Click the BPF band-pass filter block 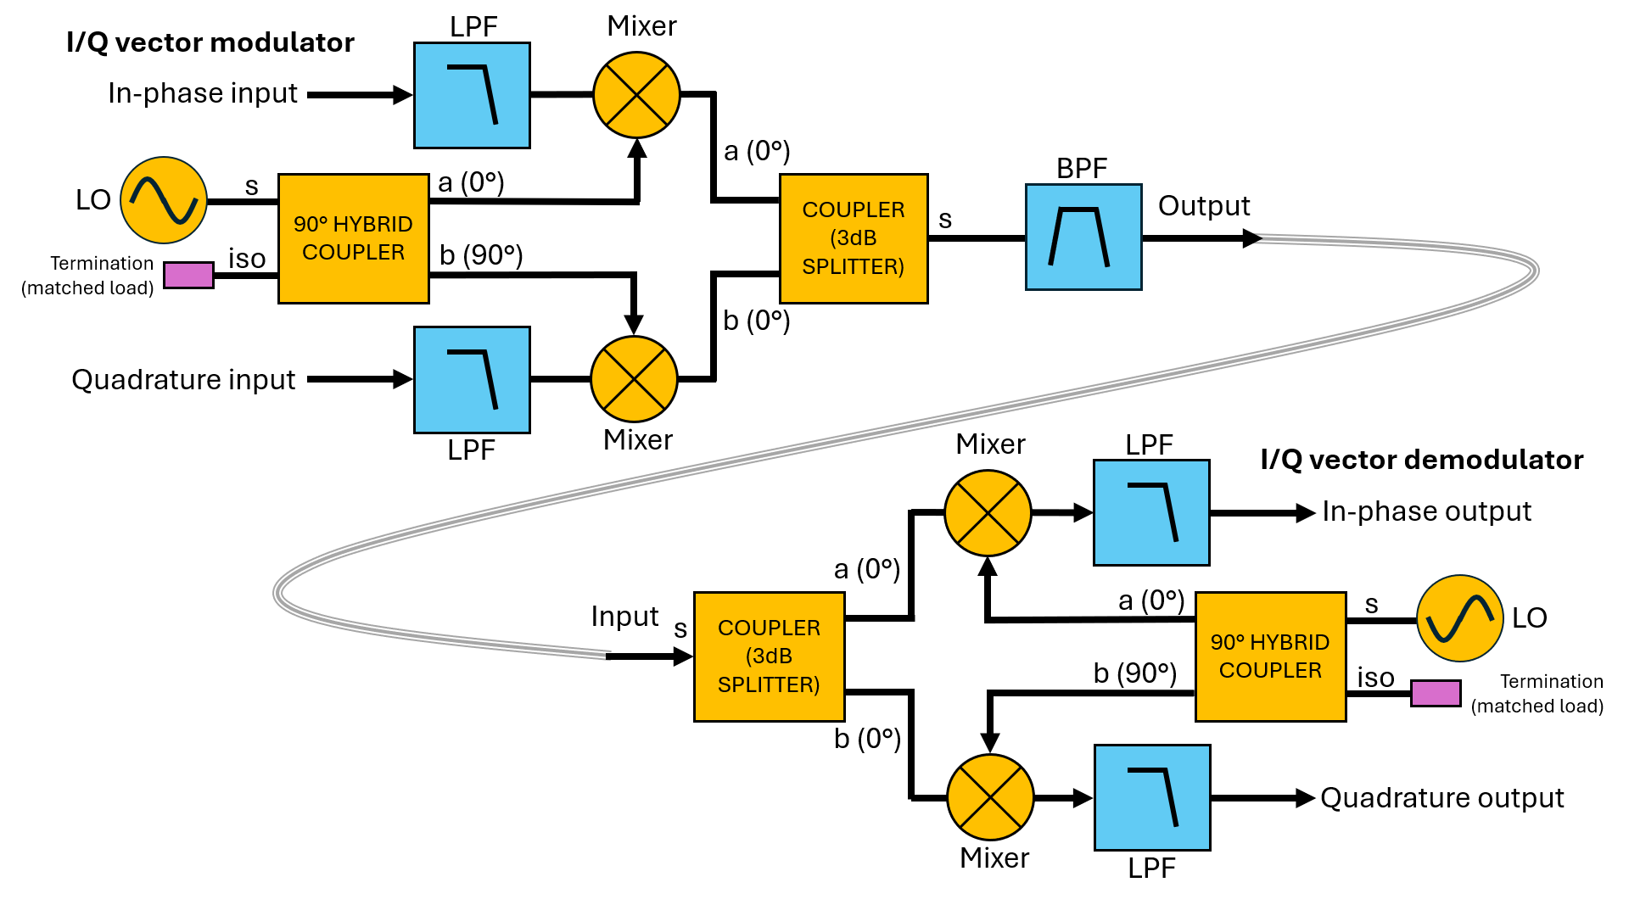click(x=1083, y=237)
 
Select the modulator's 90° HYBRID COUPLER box click(x=354, y=238)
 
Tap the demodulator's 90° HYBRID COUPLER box click(x=1270, y=656)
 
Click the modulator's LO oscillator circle click(x=164, y=200)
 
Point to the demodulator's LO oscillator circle click(x=1459, y=618)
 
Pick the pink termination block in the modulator click(x=188, y=276)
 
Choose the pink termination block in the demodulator click(x=1436, y=693)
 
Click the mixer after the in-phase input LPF click(x=636, y=95)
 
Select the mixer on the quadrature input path click(x=634, y=379)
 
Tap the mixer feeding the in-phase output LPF click(x=988, y=513)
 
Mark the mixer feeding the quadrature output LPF click(x=990, y=797)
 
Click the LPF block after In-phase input click(x=472, y=95)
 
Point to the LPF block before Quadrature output click(x=1152, y=797)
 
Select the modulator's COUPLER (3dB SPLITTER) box click(x=854, y=238)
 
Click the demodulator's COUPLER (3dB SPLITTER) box click(x=769, y=656)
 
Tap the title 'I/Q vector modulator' click(x=210, y=42)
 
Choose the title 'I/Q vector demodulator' click(x=1421, y=460)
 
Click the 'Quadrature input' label click(x=183, y=379)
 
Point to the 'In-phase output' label click(x=1426, y=511)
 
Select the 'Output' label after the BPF click(x=1203, y=206)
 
